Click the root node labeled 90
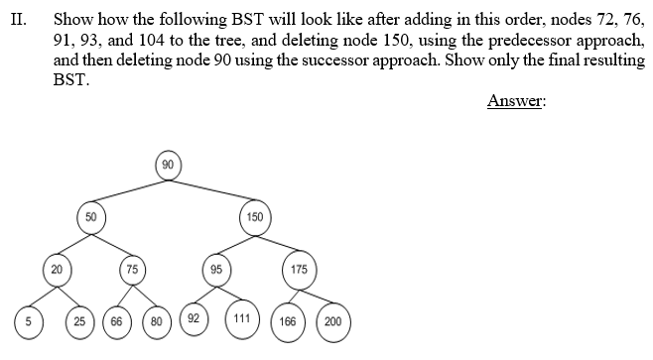168,164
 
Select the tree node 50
90,216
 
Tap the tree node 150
254,216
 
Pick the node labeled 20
57,268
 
